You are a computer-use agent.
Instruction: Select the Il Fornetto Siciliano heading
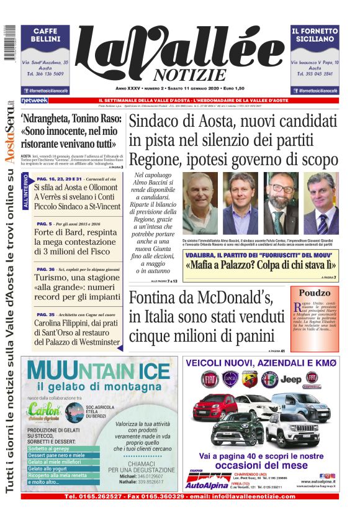315,35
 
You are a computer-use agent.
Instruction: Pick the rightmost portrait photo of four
320,203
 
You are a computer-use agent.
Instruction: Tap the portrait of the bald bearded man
281,203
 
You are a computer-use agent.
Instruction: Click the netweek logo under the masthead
34,101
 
